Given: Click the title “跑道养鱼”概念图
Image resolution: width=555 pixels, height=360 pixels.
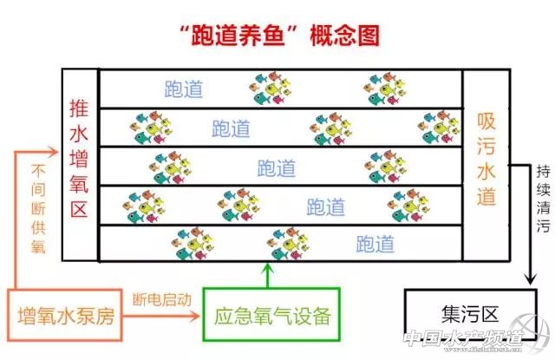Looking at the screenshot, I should pyautogui.click(x=277, y=35).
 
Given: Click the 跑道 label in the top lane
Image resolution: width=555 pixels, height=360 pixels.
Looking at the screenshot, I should pyautogui.click(x=183, y=89).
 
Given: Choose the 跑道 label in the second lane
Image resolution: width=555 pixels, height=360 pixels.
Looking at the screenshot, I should pyautogui.click(x=231, y=128).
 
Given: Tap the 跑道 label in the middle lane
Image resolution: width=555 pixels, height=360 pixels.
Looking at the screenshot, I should pyautogui.click(x=277, y=167).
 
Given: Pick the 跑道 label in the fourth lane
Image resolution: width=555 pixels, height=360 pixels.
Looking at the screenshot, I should pyautogui.click(x=326, y=206).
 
